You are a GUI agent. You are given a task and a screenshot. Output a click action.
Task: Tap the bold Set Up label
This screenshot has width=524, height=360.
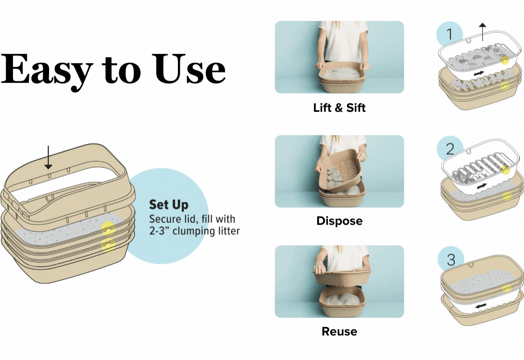click(168, 205)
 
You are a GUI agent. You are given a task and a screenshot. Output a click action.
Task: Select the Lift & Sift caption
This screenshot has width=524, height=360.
click(339, 108)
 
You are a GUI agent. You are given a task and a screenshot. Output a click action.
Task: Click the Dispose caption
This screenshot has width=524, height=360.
click(339, 221)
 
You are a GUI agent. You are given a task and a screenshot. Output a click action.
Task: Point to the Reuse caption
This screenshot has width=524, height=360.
click(339, 331)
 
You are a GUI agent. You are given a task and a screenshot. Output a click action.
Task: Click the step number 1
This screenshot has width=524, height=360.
click(450, 34)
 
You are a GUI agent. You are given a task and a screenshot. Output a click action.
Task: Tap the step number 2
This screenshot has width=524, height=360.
click(450, 149)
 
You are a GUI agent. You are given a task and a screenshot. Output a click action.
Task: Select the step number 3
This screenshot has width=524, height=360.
click(451, 260)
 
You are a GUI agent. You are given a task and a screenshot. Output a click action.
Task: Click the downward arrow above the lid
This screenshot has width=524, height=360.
click(48, 157)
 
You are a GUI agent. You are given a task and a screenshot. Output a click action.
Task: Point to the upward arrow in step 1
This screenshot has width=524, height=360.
click(483, 32)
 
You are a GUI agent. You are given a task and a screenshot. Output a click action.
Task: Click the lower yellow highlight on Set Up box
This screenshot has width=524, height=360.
click(108, 245)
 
